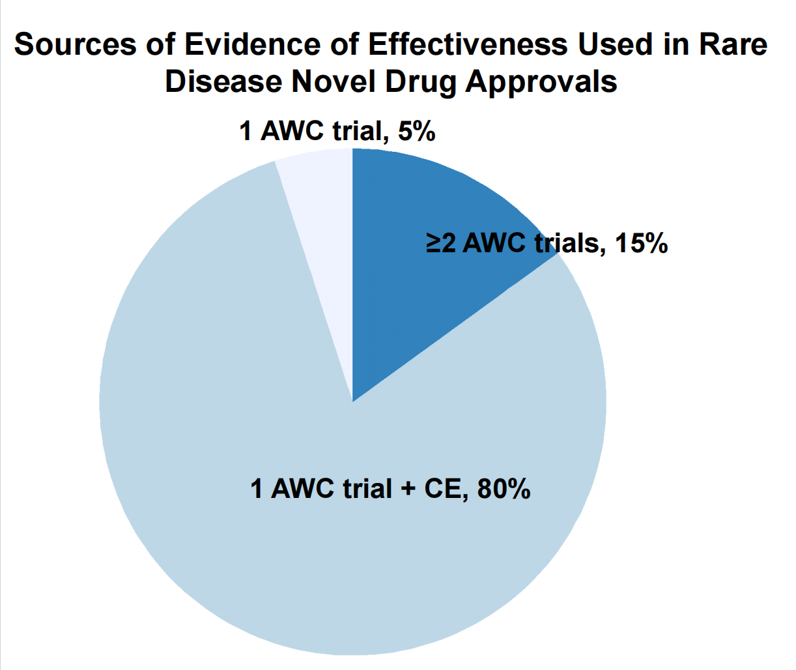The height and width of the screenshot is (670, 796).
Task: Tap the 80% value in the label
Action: click(504, 489)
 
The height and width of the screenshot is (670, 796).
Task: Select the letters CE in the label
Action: click(443, 489)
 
